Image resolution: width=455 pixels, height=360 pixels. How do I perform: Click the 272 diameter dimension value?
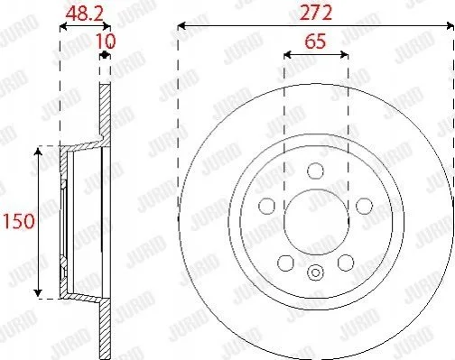(x=316, y=13)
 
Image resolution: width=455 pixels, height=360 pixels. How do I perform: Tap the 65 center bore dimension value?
(x=315, y=42)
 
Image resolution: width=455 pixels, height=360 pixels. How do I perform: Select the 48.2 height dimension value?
(x=85, y=14)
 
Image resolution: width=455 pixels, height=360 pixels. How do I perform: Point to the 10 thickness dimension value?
(x=106, y=41)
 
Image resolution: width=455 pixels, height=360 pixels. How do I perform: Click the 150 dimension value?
(x=19, y=221)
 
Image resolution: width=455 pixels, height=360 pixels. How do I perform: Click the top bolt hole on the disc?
(x=316, y=171)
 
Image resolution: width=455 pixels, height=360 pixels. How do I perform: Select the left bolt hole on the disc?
(x=266, y=206)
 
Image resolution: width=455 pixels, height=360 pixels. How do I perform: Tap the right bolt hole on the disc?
(x=364, y=206)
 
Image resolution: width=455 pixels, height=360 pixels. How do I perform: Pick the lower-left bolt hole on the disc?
(x=285, y=263)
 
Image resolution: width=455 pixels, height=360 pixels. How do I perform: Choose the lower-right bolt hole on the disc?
(x=346, y=263)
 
